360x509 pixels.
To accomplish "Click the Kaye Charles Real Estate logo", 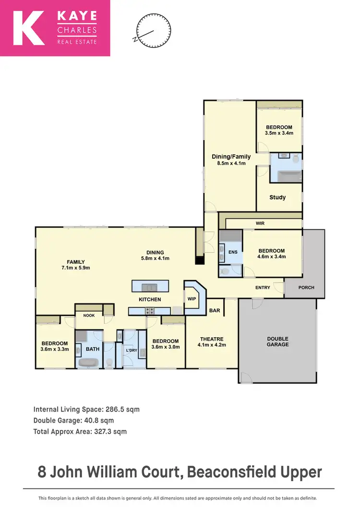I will tap(55, 28).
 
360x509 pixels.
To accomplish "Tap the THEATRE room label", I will tap(212, 338).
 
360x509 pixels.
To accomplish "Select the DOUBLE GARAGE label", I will tap(278, 341).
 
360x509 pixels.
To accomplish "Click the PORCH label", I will tap(306, 287).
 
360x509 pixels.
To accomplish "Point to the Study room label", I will tap(277, 197).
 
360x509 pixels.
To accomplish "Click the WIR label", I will tap(260, 224).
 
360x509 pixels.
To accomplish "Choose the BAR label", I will tap(215, 310).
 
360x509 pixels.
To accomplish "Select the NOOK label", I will tap(89, 315).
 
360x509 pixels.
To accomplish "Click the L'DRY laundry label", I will tap(132, 350).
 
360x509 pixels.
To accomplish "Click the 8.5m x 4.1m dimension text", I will tap(231, 163).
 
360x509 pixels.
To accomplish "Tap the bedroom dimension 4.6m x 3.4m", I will tap(272, 256).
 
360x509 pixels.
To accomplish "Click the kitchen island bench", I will tap(150, 287).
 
